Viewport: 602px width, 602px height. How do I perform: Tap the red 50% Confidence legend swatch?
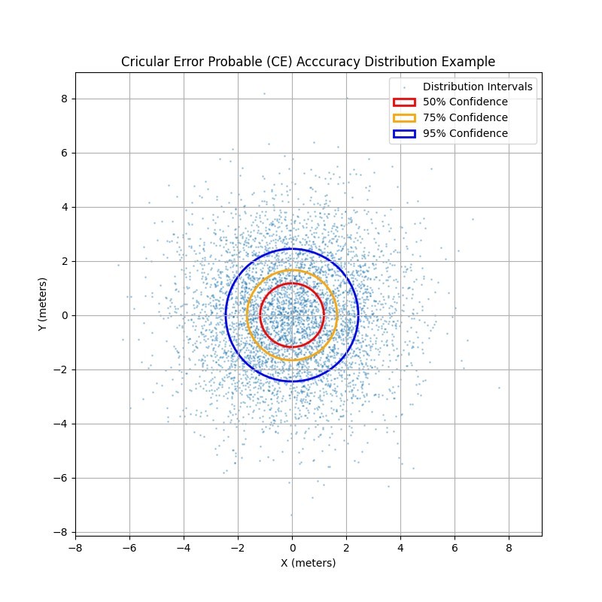(x=404, y=102)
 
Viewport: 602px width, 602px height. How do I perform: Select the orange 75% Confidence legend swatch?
(x=404, y=118)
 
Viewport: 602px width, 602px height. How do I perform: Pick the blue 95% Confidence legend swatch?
(x=404, y=134)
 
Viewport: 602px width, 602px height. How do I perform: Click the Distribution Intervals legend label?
(x=477, y=87)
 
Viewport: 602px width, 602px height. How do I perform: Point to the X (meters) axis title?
(x=308, y=563)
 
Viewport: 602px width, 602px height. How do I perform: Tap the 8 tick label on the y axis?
(x=65, y=99)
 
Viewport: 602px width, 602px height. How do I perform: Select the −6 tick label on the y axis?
(x=62, y=478)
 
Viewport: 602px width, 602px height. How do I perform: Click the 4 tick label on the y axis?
(x=65, y=207)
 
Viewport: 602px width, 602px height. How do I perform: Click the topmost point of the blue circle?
(x=292, y=249)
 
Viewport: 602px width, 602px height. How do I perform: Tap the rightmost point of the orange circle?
(x=337, y=315)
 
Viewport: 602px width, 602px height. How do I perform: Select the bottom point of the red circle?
(x=292, y=347)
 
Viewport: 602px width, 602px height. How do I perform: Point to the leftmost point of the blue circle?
(x=226, y=315)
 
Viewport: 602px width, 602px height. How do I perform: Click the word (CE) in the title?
(x=268, y=62)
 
